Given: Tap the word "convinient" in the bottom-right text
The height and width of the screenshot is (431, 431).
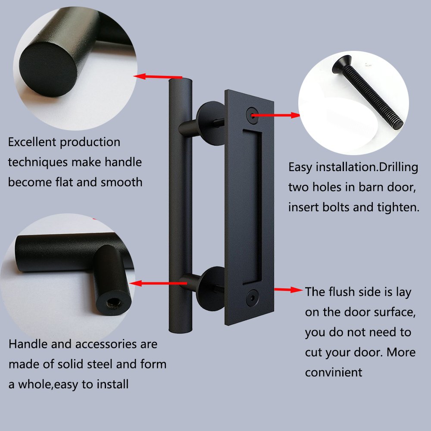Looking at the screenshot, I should [334, 372].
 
